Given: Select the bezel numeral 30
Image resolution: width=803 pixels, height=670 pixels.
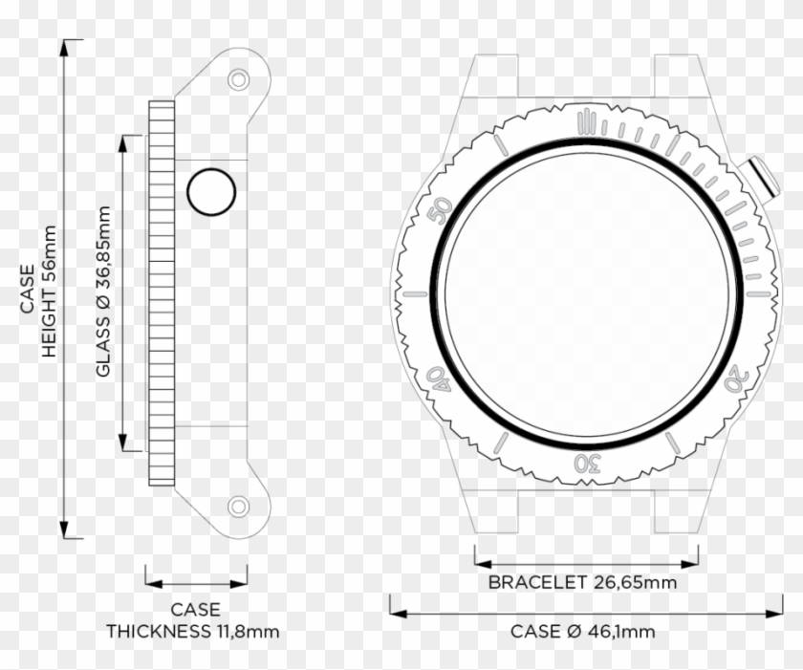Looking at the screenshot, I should [587, 464].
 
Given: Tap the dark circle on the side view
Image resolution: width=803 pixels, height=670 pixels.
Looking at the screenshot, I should [211, 193].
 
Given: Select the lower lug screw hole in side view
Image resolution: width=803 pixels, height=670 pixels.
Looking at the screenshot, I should [237, 506].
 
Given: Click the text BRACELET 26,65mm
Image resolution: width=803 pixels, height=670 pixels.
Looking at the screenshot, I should [582, 582].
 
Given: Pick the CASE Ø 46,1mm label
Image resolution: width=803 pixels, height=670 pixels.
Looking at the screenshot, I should [582, 631].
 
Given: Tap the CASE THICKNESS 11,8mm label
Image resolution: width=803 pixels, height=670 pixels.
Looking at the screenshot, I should [194, 620].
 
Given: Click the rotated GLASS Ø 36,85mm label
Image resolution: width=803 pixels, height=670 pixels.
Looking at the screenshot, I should [104, 292].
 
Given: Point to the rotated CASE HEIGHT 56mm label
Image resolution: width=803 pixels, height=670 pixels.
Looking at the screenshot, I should [38, 292].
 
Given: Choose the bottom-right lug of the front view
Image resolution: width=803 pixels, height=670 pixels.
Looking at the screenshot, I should [680, 511].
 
